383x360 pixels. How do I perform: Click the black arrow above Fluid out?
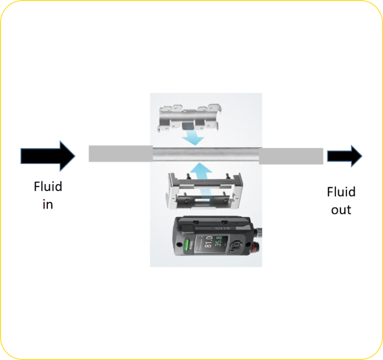tap(344, 156)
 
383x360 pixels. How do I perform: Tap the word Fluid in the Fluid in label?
tap(48, 187)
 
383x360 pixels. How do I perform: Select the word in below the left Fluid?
tap(47, 204)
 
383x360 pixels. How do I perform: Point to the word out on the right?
tap(341, 210)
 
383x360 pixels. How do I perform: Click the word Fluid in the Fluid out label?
tap(341, 192)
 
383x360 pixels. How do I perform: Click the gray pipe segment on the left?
tap(120, 154)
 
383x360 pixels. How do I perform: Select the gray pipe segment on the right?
tap(291, 156)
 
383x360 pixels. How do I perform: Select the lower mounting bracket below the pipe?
tap(203, 192)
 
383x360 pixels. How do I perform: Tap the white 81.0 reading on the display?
tap(205, 240)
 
